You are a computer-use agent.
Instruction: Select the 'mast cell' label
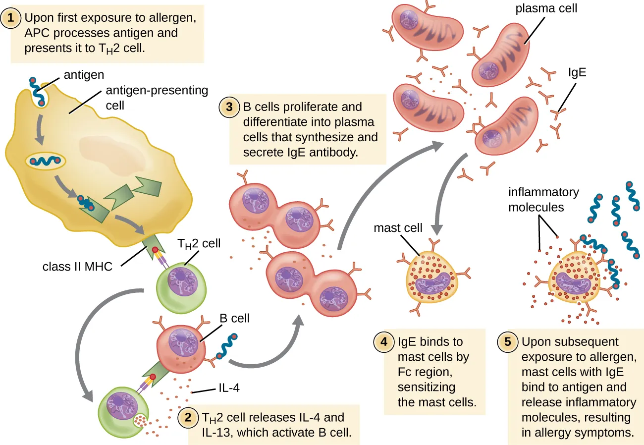(398, 228)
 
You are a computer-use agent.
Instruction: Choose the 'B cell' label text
(234, 318)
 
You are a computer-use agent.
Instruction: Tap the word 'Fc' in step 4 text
(405, 371)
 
